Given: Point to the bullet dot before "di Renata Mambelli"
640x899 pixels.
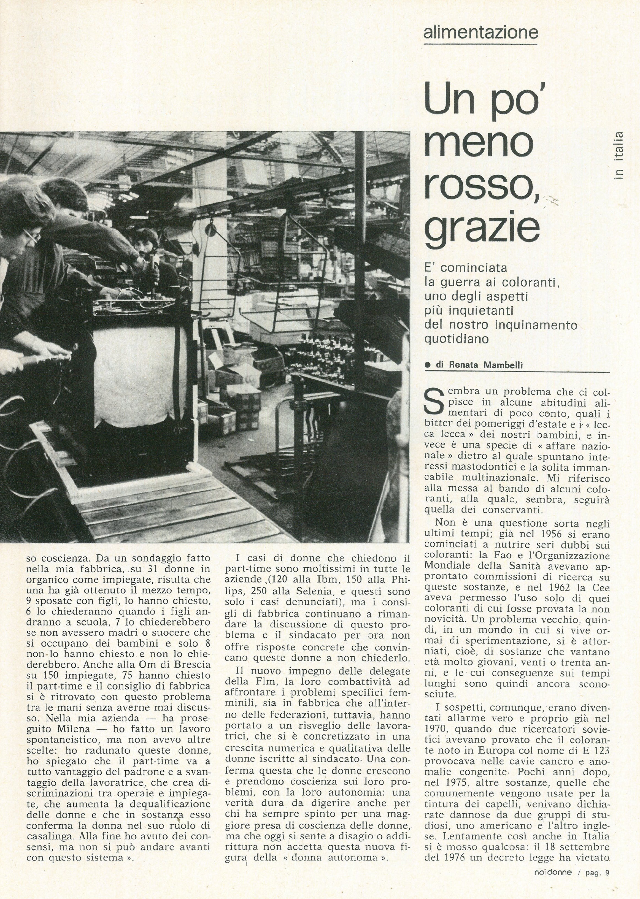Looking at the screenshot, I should (428, 365).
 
